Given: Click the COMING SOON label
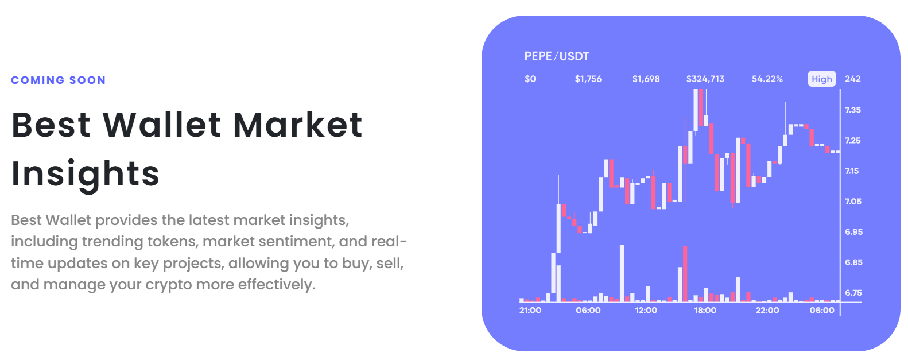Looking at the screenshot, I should (59, 80).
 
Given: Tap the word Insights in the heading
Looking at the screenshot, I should (86, 173).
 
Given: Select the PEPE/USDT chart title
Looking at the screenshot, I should (557, 56).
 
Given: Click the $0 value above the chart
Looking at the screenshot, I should (530, 79).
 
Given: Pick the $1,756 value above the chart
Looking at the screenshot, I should (588, 79).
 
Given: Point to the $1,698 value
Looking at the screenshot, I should (646, 79).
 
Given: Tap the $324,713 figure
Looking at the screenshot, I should (705, 79).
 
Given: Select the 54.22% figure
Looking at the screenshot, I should (767, 79).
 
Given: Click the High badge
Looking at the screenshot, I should (822, 79).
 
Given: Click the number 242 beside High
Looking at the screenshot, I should (853, 79).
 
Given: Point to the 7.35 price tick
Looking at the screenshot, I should (853, 110).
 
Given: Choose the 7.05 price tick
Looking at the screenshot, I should (853, 202).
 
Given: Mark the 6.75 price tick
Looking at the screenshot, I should (853, 293).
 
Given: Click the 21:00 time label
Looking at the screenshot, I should (530, 311).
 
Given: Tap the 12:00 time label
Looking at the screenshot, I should (646, 311).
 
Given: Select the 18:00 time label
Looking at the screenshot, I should (705, 311).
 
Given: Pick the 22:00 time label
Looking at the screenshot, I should (767, 311).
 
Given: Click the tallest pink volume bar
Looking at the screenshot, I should (685, 274).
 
